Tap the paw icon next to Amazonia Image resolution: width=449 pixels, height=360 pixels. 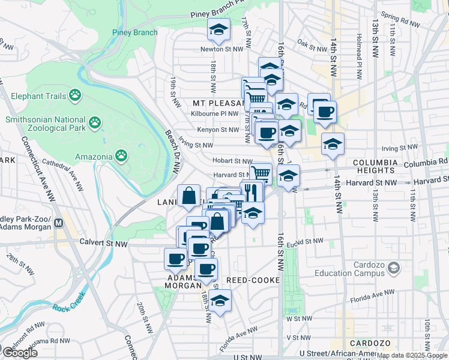tap(121, 157)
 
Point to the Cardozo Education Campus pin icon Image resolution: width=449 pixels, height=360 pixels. tap(394, 266)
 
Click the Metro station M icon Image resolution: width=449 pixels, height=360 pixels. tap(59, 223)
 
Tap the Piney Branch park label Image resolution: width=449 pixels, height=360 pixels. tap(134, 33)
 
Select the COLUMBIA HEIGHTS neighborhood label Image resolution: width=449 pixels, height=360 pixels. tap(375, 167)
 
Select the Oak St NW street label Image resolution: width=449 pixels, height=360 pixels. tap(312, 44)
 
